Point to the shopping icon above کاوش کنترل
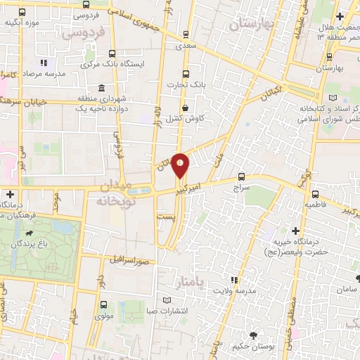(x=185, y=108)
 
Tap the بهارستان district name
(x=250, y=25)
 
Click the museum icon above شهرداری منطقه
(x=103, y=89)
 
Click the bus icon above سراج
(x=242, y=176)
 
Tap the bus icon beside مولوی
(x=103, y=304)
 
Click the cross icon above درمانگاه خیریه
(x=295, y=231)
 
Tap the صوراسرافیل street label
(x=129, y=259)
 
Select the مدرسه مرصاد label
(x=44, y=73)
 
